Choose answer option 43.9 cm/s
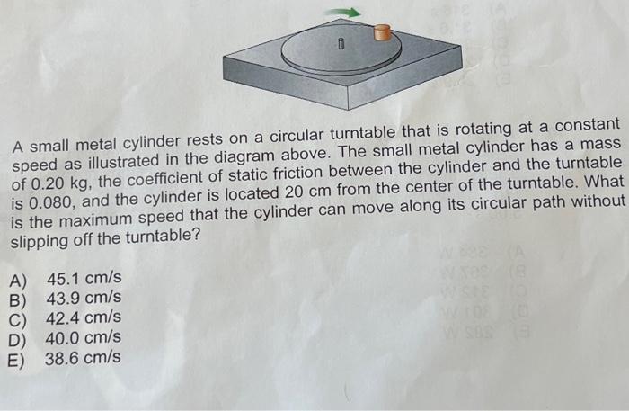(x=84, y=299)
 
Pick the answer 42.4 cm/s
(x=84, y=319)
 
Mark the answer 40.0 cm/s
(x=84, y=339)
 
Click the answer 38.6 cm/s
(x=84, y=359)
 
